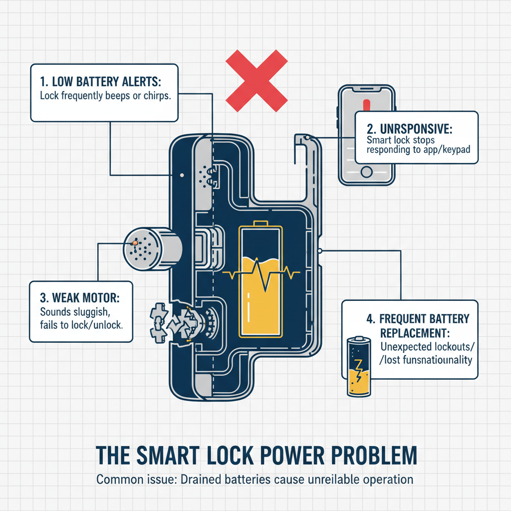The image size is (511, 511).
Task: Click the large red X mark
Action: (256, 81)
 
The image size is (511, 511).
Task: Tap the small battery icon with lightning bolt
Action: (359, 367)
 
